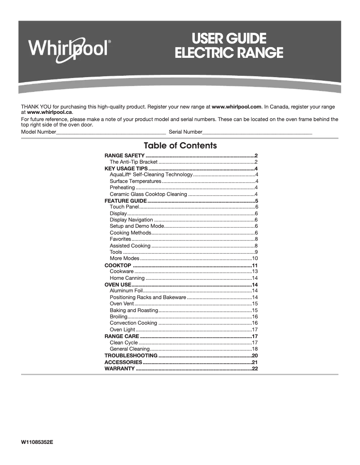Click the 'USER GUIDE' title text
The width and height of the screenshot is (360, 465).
(x=229, y=38)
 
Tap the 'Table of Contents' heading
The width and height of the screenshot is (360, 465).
(x=180, y=146)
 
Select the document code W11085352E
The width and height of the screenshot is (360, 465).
(x=37, y=442)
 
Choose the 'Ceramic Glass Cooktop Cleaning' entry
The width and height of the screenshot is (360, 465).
(x=148, y=194)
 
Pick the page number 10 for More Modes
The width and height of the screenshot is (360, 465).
(x=255, y=259)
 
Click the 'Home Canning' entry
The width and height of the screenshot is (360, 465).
(x=127, y=278)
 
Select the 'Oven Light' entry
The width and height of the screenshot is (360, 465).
(x=123, y=330)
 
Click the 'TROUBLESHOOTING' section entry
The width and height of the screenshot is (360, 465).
(x=131, y=356)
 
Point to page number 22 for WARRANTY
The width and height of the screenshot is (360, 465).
(x=255, y=369)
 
